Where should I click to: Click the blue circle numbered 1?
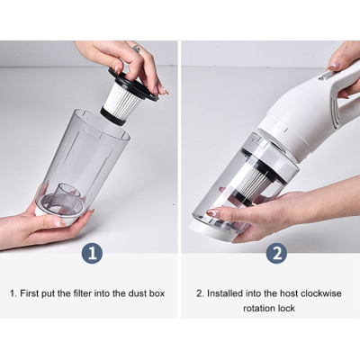point(92,254)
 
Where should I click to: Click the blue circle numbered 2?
point(276,254)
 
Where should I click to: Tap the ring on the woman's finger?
point(137,49)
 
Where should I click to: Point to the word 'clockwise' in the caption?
point(321,293)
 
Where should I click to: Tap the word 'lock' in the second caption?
point(286,308)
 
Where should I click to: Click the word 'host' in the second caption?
point(289,293)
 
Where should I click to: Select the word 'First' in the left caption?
point(29,293)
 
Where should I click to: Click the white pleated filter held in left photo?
point(123,101)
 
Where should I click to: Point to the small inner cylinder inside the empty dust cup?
point(69,193)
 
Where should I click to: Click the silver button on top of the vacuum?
point(326,75)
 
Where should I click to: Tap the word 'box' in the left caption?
point(157,293)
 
